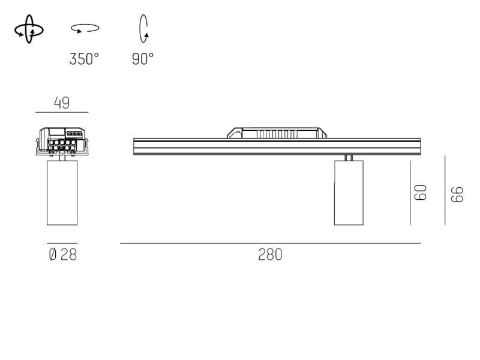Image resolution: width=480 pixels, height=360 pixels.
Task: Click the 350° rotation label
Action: (84, 59)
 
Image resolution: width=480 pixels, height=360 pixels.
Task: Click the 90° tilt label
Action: (143, 59)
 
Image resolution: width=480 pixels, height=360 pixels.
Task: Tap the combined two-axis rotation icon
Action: (29, 29)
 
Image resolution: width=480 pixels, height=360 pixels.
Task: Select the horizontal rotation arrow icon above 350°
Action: (85, 28)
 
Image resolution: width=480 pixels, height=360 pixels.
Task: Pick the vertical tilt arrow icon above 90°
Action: (143, 29)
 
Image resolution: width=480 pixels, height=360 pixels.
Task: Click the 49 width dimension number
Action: (62, 103)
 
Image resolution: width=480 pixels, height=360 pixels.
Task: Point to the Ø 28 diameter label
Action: (62, 254)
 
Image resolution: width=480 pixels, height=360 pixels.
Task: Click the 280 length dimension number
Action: (270, 254)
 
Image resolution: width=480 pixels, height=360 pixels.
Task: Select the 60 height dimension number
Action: (421, 192)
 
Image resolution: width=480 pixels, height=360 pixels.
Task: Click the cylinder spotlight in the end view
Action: (62, 192)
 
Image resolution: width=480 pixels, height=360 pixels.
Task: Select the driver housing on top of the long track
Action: (278, 132)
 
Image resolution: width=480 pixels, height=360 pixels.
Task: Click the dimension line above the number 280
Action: (270, 243)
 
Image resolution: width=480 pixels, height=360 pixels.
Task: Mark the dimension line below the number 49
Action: (62, 112)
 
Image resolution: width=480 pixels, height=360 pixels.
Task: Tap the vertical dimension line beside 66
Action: (445, 190)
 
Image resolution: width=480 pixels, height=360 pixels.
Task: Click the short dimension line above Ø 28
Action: (62, 243)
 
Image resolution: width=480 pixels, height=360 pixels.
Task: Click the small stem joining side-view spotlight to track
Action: (348, 158)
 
